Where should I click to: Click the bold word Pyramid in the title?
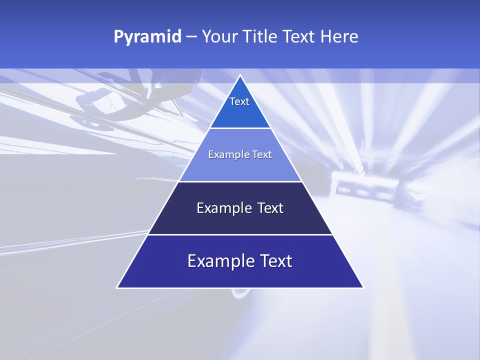[147, 37]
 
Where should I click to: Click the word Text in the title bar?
[299, 37]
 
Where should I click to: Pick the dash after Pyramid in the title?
[191, 37]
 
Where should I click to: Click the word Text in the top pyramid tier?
[239, 101]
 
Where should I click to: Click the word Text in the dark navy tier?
[270, 208]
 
